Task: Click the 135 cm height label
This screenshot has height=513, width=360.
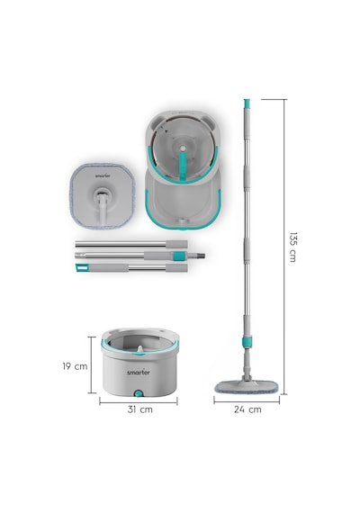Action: (x=292, y=247)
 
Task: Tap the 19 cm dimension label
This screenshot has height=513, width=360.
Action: (x=75, y=366)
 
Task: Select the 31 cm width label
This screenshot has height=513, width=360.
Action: (x=140, y=409)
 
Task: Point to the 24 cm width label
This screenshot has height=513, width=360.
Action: (x=247, y=409)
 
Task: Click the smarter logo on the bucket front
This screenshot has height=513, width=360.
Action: (x=139, y=373)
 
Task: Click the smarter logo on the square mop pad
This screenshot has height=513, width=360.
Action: (x=103, y=175)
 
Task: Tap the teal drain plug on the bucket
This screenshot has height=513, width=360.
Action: (x=139, y=393)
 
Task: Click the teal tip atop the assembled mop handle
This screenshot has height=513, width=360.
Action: (x=247, y=103)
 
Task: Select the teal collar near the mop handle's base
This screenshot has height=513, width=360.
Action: (x=247, y=341)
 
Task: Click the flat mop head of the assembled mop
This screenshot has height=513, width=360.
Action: (x=247, y=386)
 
